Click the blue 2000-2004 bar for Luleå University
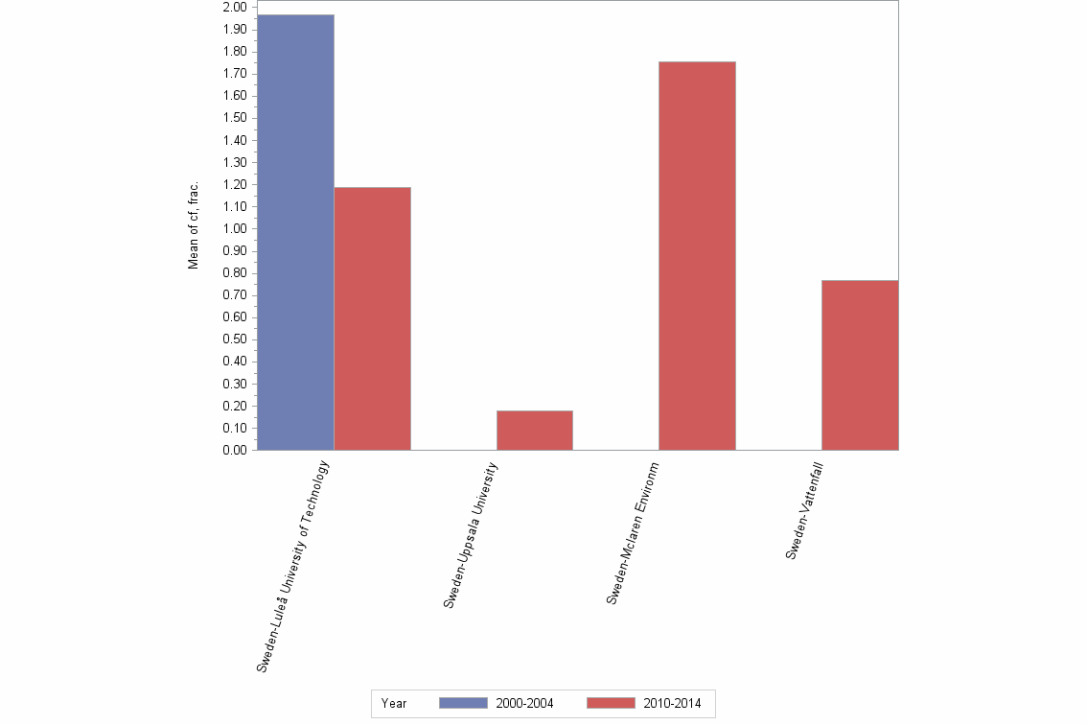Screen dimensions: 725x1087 pos(295,232)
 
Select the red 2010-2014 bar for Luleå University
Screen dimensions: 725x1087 pos(372,318)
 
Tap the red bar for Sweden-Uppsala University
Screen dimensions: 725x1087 pos(534,431)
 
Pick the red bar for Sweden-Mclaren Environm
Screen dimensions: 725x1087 pos(697,255)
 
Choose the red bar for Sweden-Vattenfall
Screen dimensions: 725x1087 pos(860,364)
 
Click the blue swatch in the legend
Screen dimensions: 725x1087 pos(463,703)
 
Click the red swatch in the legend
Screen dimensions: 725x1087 pos(610,703)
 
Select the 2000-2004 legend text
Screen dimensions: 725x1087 pos(524,703)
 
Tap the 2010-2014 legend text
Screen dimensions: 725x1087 pos(672,703)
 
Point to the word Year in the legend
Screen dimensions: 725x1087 pos(394,703)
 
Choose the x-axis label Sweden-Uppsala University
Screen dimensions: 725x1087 pos(471,534)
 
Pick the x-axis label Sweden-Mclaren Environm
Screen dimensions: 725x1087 pos(633,532)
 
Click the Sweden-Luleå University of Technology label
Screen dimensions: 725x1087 pos(293,566)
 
